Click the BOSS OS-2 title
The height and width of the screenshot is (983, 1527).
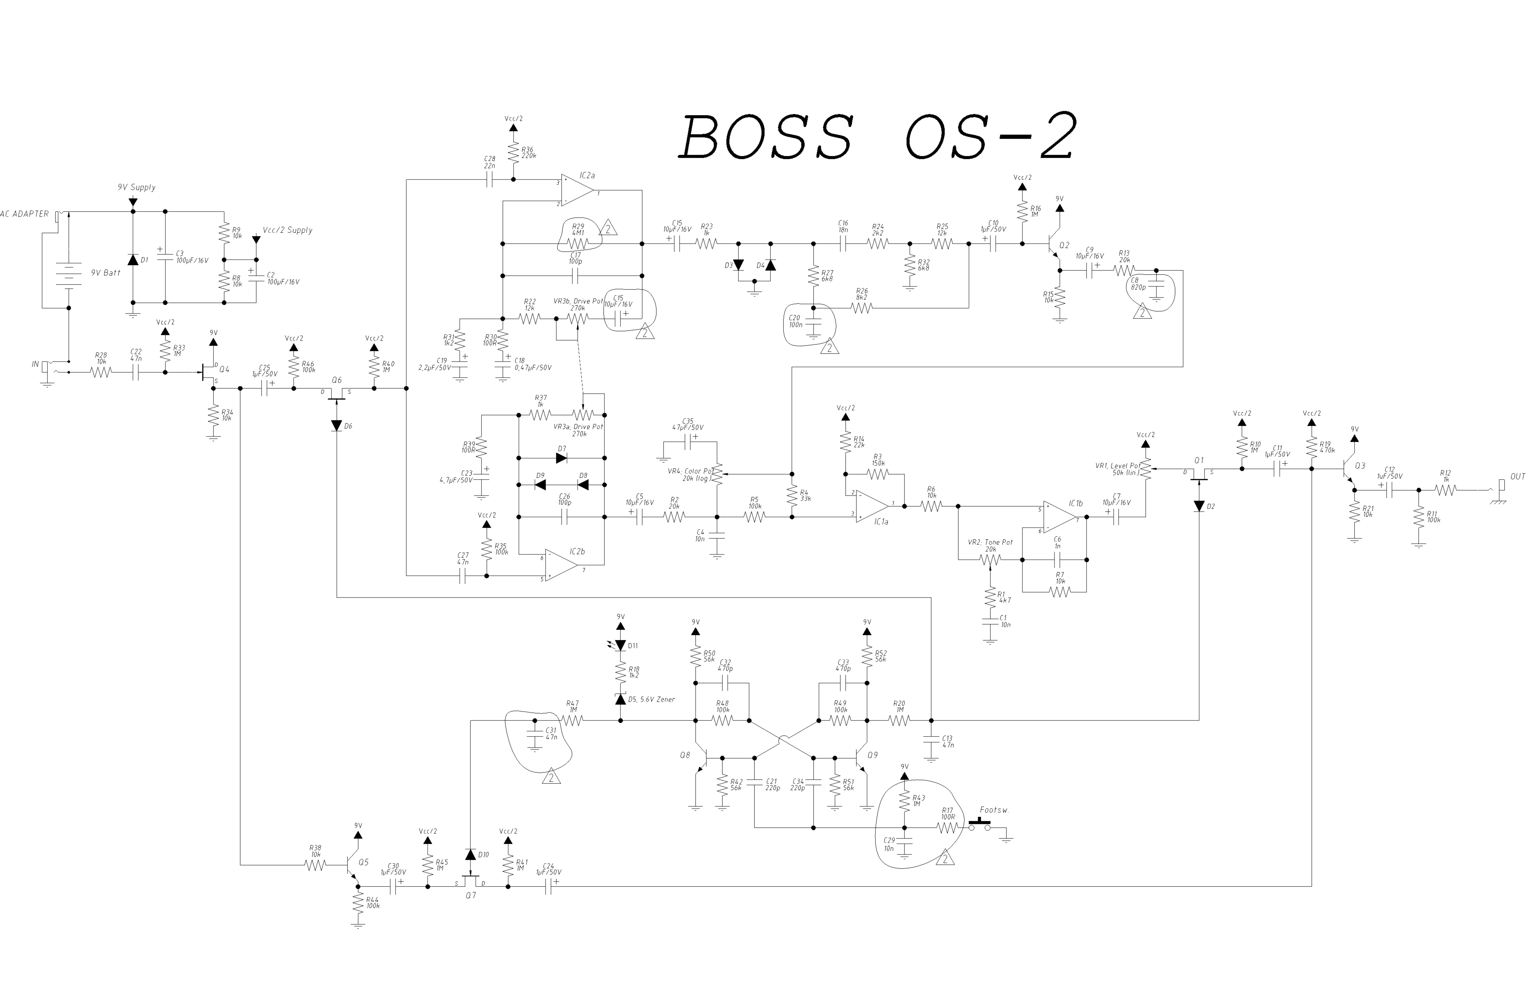coord(877,137)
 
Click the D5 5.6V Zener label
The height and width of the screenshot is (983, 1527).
coord(651,700)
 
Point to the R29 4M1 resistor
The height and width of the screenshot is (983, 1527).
coord(578,243)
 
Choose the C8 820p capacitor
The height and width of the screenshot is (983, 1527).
coord(1156,288)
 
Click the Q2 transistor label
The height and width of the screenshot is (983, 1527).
coord(1064,245)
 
